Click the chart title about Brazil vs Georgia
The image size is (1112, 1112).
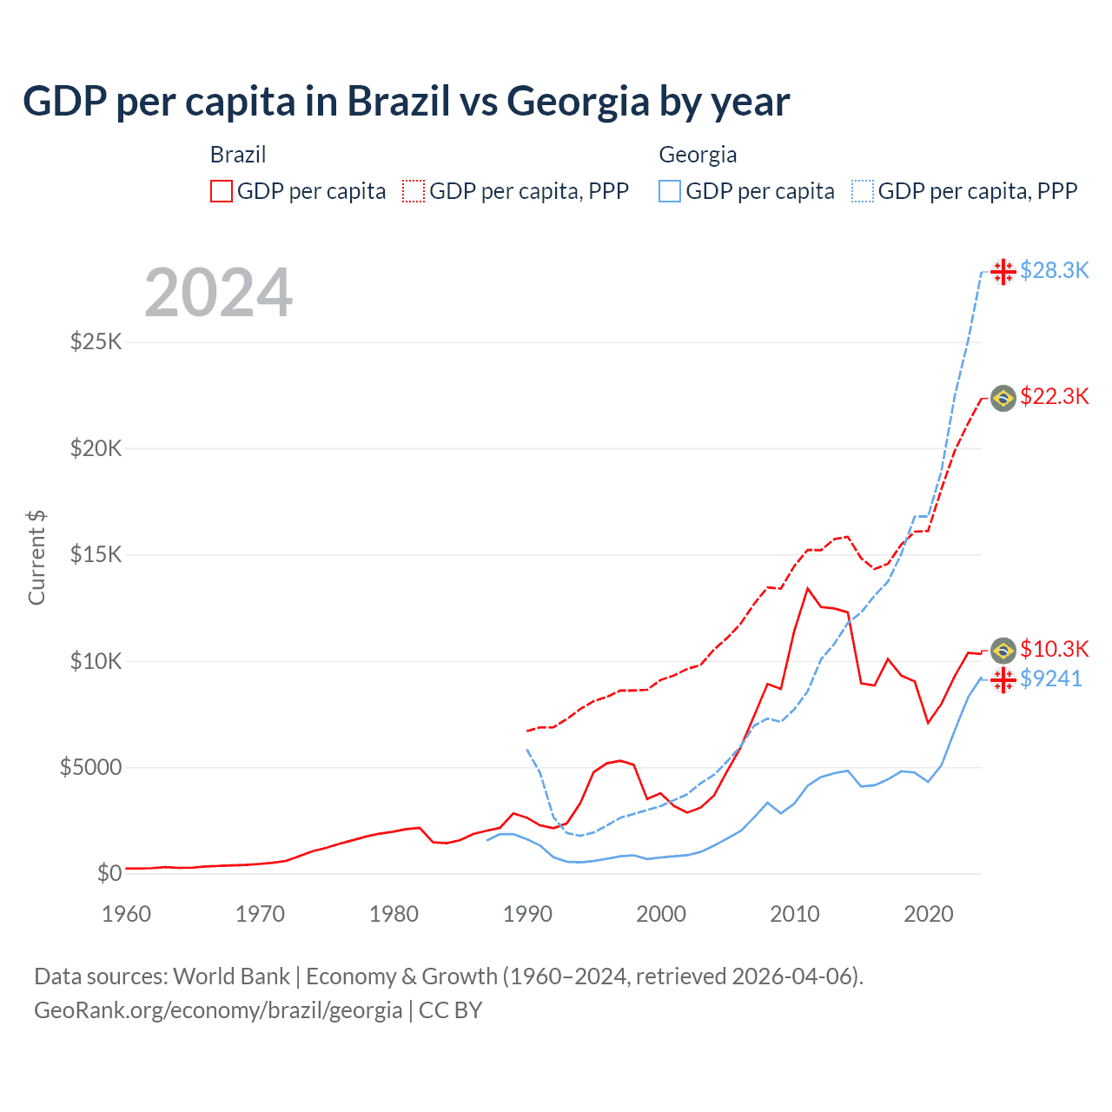click(x=406, y=102)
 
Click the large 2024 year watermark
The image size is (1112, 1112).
click(x=218, y=293)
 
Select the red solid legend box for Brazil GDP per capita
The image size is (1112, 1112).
click(x=222, y=191)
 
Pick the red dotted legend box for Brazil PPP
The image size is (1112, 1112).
click(x=414, y=191)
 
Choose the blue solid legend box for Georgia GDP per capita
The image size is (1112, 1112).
click(x=670, y=191)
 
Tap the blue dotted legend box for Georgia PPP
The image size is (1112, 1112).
click(x=863, y=191)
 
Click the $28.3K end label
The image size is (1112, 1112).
click(x=1054, y=270)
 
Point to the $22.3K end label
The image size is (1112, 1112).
click(x=1054, y=397)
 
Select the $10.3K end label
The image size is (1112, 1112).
click(x=1054, y=649)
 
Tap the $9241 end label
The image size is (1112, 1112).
click(x=1051, y=678)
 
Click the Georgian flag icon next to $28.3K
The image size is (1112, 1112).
click(x=1003, y=271)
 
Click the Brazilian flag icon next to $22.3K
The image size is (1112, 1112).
click(x=1003, y=398)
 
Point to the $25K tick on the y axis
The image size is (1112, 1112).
click(x=96, y=341)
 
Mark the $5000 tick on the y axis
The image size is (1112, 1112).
click(x=90, y=767)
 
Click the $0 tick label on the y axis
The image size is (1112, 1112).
click(x=109, y=873)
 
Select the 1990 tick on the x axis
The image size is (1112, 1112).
click(x=527, y=914)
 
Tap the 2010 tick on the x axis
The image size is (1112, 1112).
click(x=795, y=914)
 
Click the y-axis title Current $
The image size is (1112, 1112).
click(x=36, y=558)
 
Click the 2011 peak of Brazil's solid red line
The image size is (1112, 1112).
click(x=808, y=589)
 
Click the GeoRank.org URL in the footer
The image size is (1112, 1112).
click(x=218, y=1010)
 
